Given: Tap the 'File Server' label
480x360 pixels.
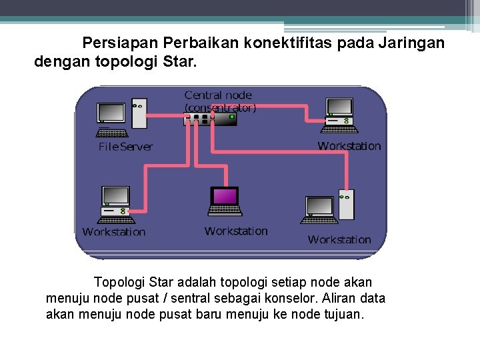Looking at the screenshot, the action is (125, 147).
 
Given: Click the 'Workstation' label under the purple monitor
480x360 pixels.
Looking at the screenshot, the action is (236, 231).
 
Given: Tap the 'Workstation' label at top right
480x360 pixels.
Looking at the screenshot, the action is (349, 146).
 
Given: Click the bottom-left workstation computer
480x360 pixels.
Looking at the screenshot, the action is (116, 203).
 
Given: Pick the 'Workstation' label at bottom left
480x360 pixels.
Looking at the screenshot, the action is (113, 232).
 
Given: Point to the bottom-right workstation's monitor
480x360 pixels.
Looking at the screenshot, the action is (319, 207).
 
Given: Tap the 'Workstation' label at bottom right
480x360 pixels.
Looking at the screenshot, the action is (339, 239).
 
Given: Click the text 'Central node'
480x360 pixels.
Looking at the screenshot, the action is (218, 95).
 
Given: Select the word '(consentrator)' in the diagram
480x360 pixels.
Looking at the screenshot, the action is (220, 107).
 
